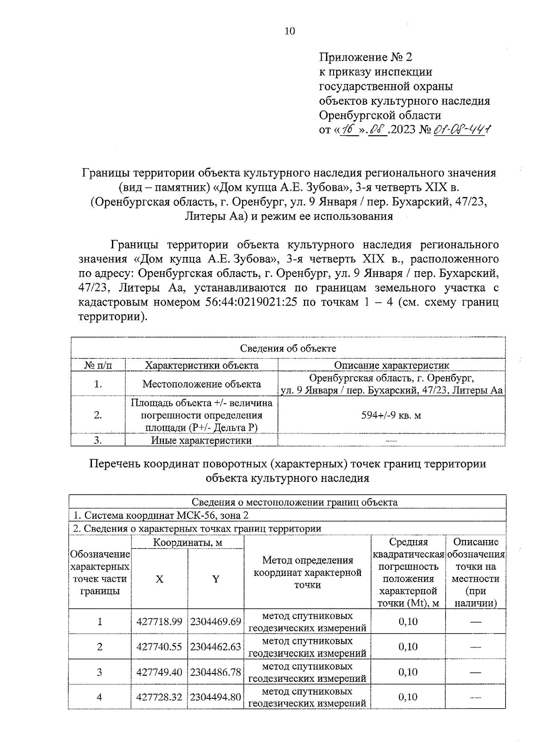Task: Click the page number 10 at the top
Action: point(289,31)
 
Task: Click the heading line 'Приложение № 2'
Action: point(366,57)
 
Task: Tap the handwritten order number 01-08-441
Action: point(461,130)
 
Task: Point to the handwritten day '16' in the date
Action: point(349,130)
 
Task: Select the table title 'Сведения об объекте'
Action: point(288,348)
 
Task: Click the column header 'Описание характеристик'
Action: point(391,365)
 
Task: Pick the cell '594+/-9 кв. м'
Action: point(391,415)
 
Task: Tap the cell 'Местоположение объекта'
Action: point(202,384)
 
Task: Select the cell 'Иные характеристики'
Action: point(202,440)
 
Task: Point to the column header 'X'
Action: point(159,579)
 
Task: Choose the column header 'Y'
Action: point(215,579)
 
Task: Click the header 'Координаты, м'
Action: point(187,542)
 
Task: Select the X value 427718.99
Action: point(159,622)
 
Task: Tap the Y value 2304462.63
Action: point(215,647)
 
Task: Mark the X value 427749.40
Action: point(159,672)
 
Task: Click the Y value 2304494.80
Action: point(215,697)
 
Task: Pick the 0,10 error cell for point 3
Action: point(408,672)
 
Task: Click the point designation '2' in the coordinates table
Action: point(99,647)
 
